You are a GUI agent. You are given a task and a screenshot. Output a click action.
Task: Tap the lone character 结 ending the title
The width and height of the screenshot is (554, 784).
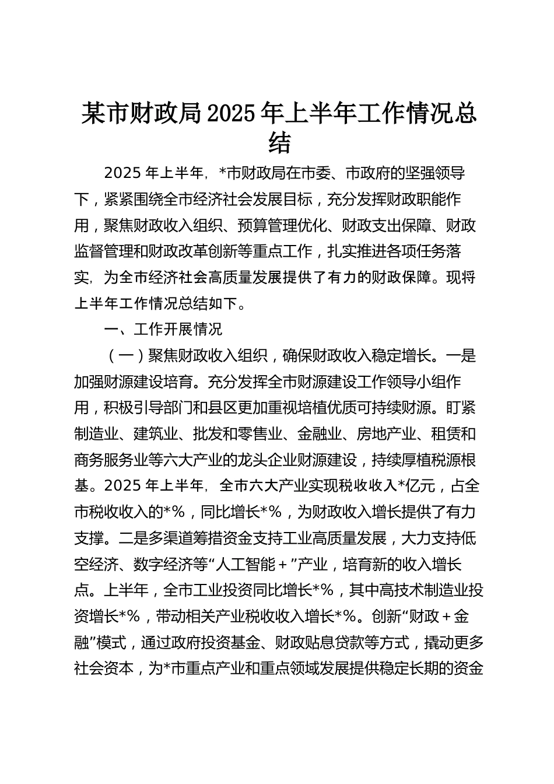tap(279, 143)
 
